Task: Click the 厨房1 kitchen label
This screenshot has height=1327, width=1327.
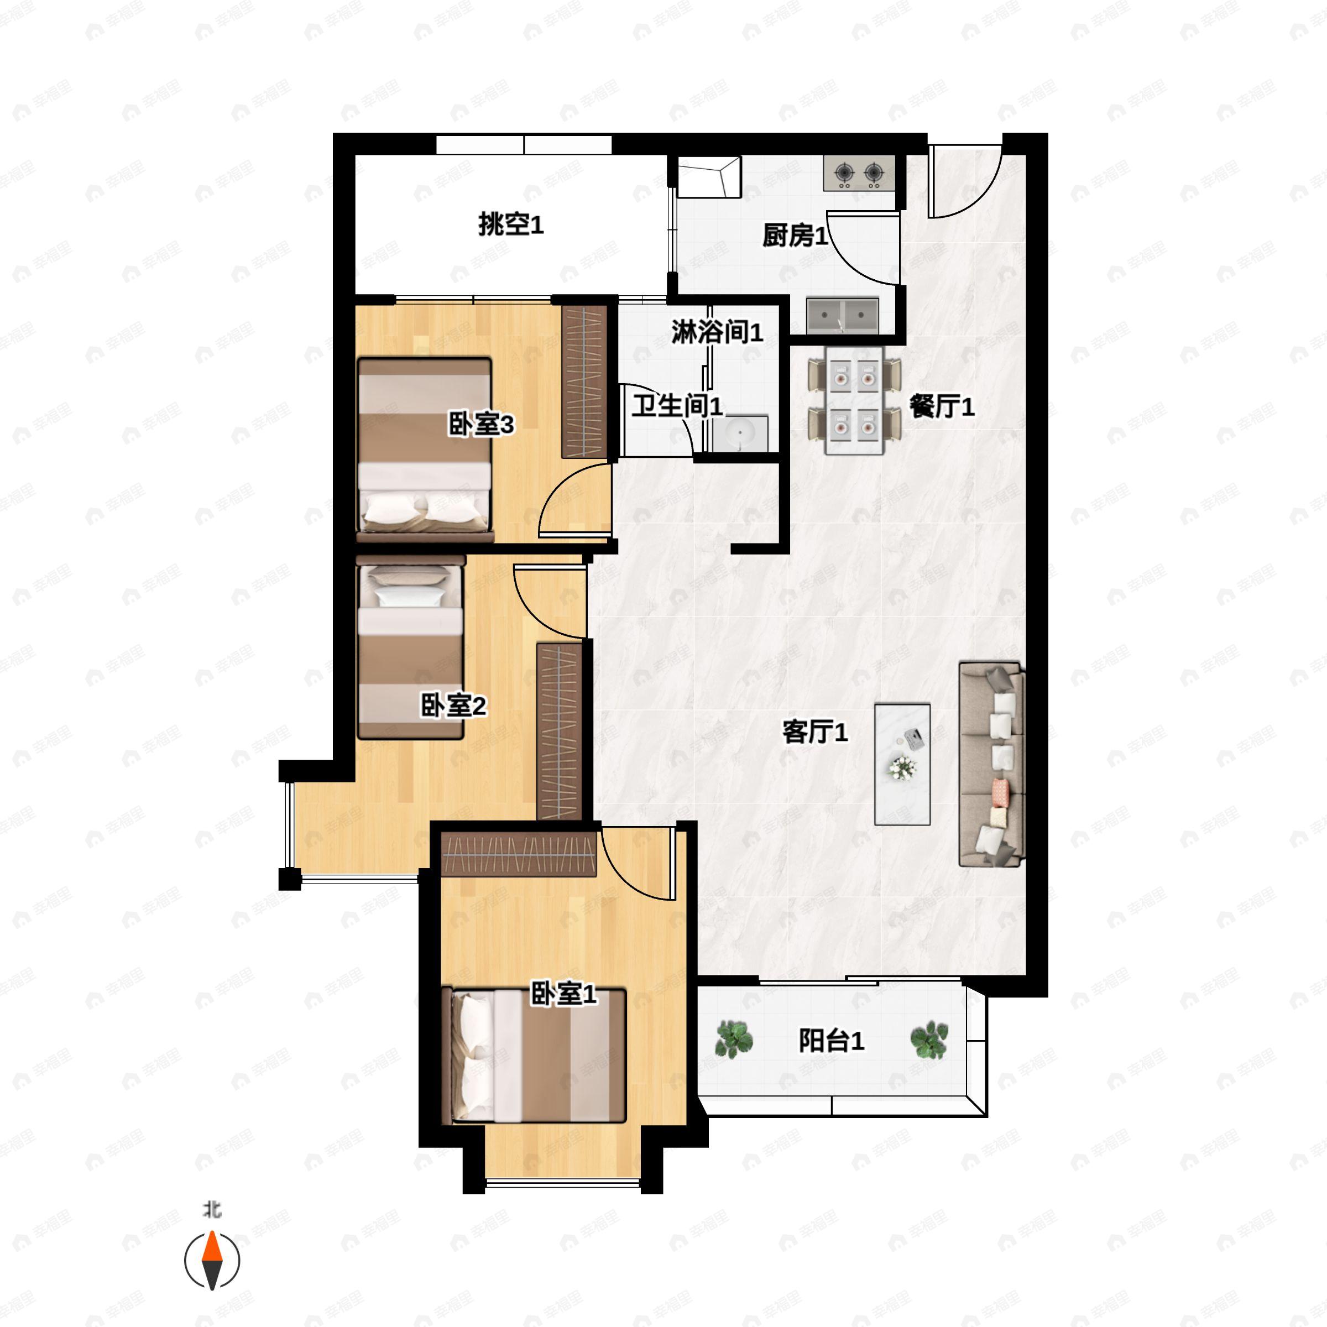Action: pyautogui.click(x=795, y=236)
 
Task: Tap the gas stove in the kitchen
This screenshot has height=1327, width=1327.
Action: pyautogui.click(x=859, y=173)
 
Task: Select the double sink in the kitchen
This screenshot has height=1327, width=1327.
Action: pyautogui.click(x=843, y=315)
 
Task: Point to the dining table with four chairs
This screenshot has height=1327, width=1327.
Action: pyautogui.click(x=854, y=400)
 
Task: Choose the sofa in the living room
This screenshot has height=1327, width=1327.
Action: pyautogui.click(x=991, y=764)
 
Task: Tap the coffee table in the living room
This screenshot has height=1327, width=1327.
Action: pyautogui.click(x=902, y=764)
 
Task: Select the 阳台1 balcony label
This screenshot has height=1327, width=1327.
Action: pyautogui.click(x=831, y=1041)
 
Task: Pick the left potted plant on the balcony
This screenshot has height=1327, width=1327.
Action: pyautogui.click(x=734, y=1038)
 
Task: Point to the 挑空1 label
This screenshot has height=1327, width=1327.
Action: pyautogui.click(x=511, y=224)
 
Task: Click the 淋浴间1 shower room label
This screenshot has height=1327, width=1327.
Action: pyautogui.click(x=717, y=332)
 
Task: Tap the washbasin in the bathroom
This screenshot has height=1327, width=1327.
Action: pyautogui.click(x=740, y=433)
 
